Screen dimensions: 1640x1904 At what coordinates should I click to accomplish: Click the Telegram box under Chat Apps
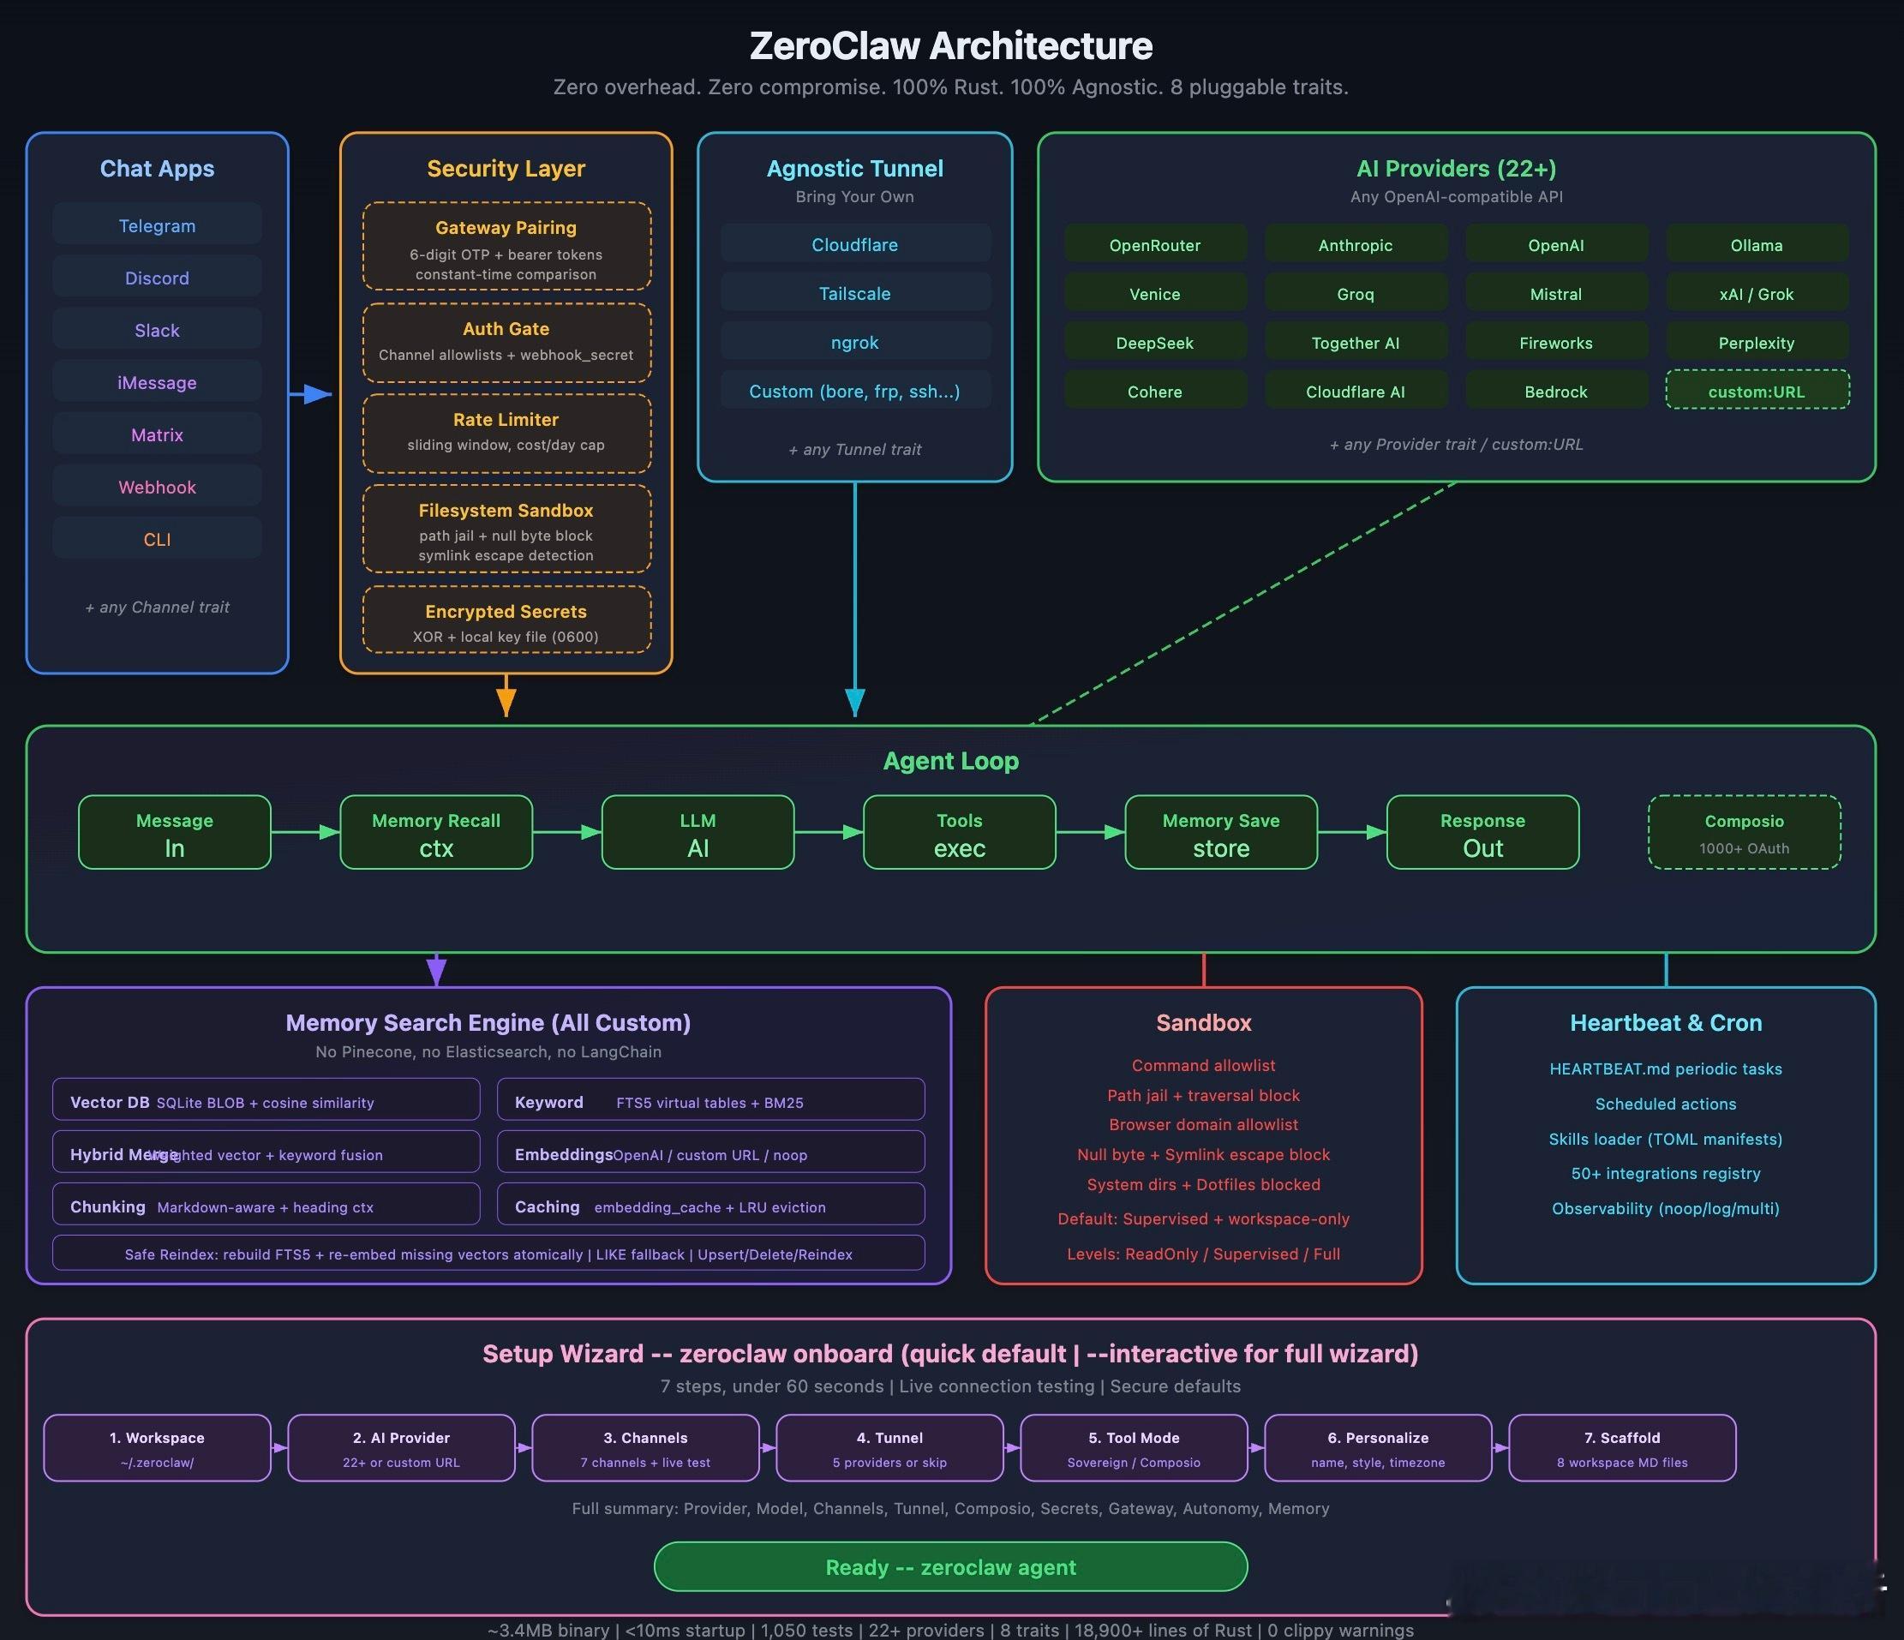[x=157, y=225]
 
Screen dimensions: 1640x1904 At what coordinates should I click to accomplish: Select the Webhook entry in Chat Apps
[x=157, y=487]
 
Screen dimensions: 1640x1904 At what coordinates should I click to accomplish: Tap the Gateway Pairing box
[x=506, y=246]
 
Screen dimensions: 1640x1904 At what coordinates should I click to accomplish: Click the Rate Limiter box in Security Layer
[x=506, y=432]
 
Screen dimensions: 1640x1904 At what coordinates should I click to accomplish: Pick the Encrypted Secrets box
[x=506, y=621]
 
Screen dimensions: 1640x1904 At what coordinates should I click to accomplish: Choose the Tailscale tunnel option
[x=854, y=294]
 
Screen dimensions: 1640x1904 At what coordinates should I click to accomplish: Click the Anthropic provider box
[x=1356, y=245]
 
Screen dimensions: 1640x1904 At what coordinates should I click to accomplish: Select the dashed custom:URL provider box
[x=1756, y=392]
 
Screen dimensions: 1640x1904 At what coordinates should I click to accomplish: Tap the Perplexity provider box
[x=1756, y=343]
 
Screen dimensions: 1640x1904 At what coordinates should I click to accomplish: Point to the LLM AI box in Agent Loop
[x=698, y=832]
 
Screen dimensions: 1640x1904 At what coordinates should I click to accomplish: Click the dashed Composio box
[x=1743, y=832]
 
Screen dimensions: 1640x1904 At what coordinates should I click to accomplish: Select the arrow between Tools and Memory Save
[x=1091, y=832]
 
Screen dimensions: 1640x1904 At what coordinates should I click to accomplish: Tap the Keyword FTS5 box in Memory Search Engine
[x=710, y=1101]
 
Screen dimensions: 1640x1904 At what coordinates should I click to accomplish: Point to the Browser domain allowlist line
[x=1203, y=1124]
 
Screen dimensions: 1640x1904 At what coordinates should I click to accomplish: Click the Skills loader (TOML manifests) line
[x=1665, y=1140]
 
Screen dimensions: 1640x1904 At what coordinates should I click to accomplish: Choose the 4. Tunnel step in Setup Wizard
[x=889, y=1448]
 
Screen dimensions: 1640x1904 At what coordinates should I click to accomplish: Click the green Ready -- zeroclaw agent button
[x=950, y=1567]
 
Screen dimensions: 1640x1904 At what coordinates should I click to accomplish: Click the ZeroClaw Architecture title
[x=950, y=46]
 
